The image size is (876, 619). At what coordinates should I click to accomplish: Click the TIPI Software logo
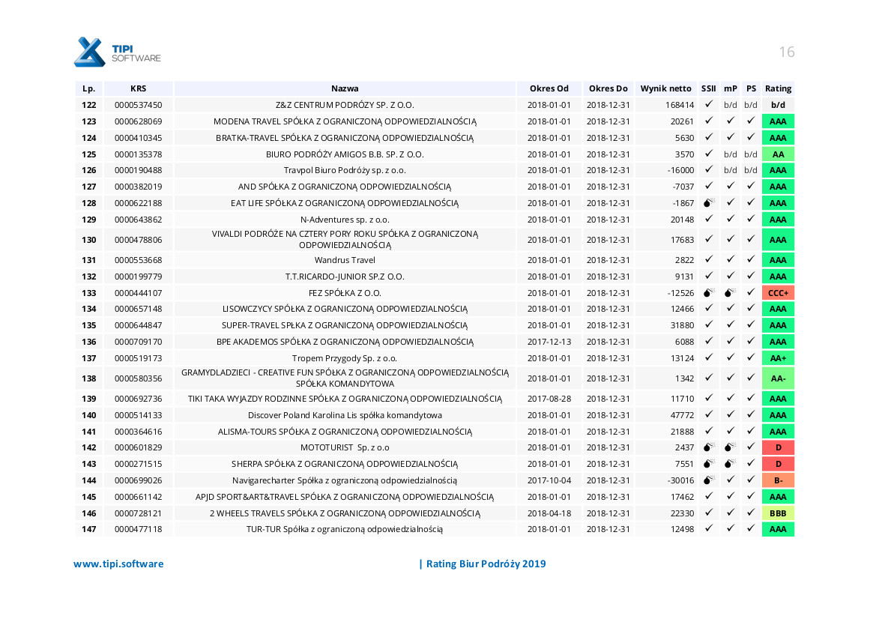(117, 52)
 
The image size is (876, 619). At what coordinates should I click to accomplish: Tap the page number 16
(786, 52)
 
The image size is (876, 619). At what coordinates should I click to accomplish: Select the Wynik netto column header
(665, 88)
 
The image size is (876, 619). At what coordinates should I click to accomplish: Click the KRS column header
(138, 88)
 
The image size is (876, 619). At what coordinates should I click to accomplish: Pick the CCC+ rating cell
(778, 293)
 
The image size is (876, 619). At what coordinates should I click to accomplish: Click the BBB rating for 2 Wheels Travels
(778, 513)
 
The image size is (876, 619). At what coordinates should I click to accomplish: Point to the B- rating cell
(778, 480)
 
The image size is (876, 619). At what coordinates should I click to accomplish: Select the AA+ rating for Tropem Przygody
(778, 358)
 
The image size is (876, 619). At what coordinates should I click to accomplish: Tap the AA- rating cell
(778, 378)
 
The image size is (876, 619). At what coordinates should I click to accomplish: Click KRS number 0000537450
(138, 105)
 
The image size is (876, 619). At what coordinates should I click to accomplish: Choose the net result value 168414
(680, 105)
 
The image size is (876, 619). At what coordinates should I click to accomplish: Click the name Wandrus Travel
(345, 260)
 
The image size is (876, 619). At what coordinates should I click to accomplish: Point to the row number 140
(89, 415)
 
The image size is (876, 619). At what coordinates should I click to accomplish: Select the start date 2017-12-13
(549, 342)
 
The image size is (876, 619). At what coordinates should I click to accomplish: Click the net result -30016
(680, 480)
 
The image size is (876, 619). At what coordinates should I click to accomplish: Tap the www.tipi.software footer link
(118, 564)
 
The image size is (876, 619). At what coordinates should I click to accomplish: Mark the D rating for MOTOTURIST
(778, 447)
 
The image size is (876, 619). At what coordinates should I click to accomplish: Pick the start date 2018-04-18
(549, 513)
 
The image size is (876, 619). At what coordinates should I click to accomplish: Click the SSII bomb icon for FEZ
(708, 293)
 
